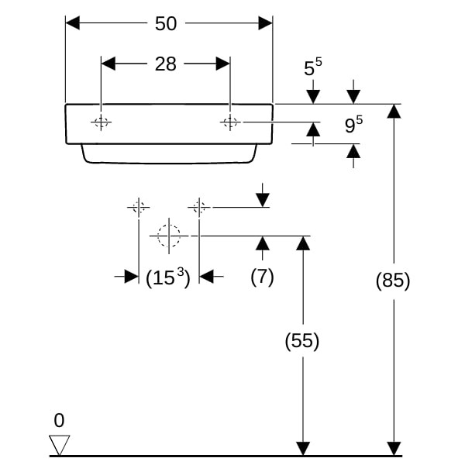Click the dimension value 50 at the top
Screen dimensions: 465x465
pyautogui.click(x=166, y=23)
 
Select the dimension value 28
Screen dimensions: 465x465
pyautogui.click(x=166, y=64)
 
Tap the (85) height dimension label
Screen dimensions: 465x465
pyautogui.click(x=393, y=281)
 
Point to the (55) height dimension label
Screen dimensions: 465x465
pyautogui.click(x=302, y=340)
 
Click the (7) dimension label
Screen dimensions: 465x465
pyautogui.click(x=262, y=277)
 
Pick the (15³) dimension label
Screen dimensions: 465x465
pyautogui.click(x=168, y=277)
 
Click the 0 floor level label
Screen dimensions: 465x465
pyautogui.click(x=59, y=421)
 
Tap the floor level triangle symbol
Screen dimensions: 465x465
pyautogui.click(x=59, y=445)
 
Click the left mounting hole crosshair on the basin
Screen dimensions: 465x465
pyautogui.click(x=102, y=122)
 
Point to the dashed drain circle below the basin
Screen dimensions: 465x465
pyautogui.click(x=168, y=236)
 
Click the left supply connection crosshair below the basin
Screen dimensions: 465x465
pyautogui.click(x=139, y=207)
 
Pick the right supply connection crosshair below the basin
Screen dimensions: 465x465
pyautogui.click(x=199, y=207)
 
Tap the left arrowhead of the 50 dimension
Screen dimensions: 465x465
pyautogui.click(x=73, y=23)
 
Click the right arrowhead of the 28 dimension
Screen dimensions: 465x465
pyautogui.click(x=223, y=64)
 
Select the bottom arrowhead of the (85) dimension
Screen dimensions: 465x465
pyautogui.click(x=394, y=449)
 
